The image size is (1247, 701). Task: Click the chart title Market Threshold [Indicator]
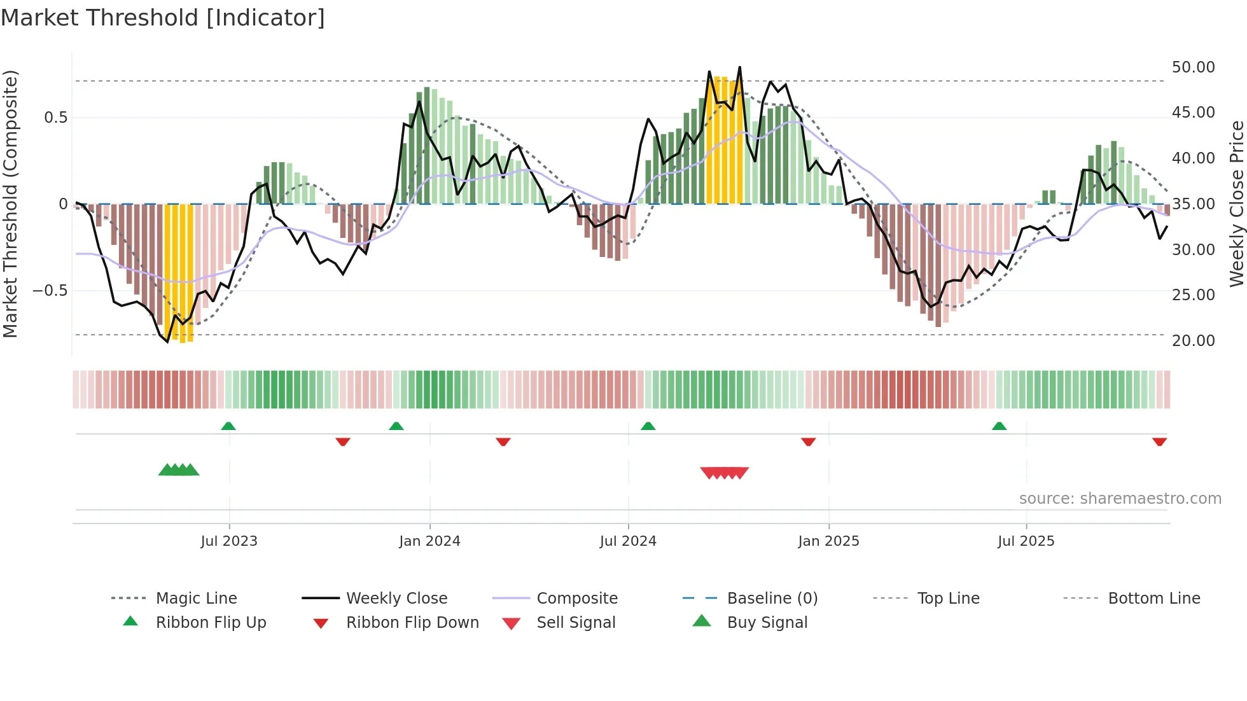click(163, 18)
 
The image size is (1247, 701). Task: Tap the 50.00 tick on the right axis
click(1193, 67)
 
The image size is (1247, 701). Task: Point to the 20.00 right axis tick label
click(1193, 341)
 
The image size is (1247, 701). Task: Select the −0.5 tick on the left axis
click(50, 291)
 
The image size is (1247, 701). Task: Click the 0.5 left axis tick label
click(55, 118)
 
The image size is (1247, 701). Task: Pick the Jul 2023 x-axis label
click(229, 541)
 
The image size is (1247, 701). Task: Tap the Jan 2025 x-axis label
click(828, 541)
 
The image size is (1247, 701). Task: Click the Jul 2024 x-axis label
click(628, 541)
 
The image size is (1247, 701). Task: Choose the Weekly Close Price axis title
click(1236, 204)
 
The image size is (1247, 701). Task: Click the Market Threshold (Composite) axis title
click(10, 204)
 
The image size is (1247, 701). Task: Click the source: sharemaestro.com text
click(1120, 499)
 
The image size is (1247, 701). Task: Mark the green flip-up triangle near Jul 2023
click(228, 426)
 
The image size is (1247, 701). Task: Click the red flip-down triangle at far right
click(1159, 441)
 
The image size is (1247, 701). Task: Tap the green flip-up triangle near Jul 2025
click(999, 426)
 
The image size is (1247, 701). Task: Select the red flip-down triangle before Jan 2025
click(808, 441)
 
